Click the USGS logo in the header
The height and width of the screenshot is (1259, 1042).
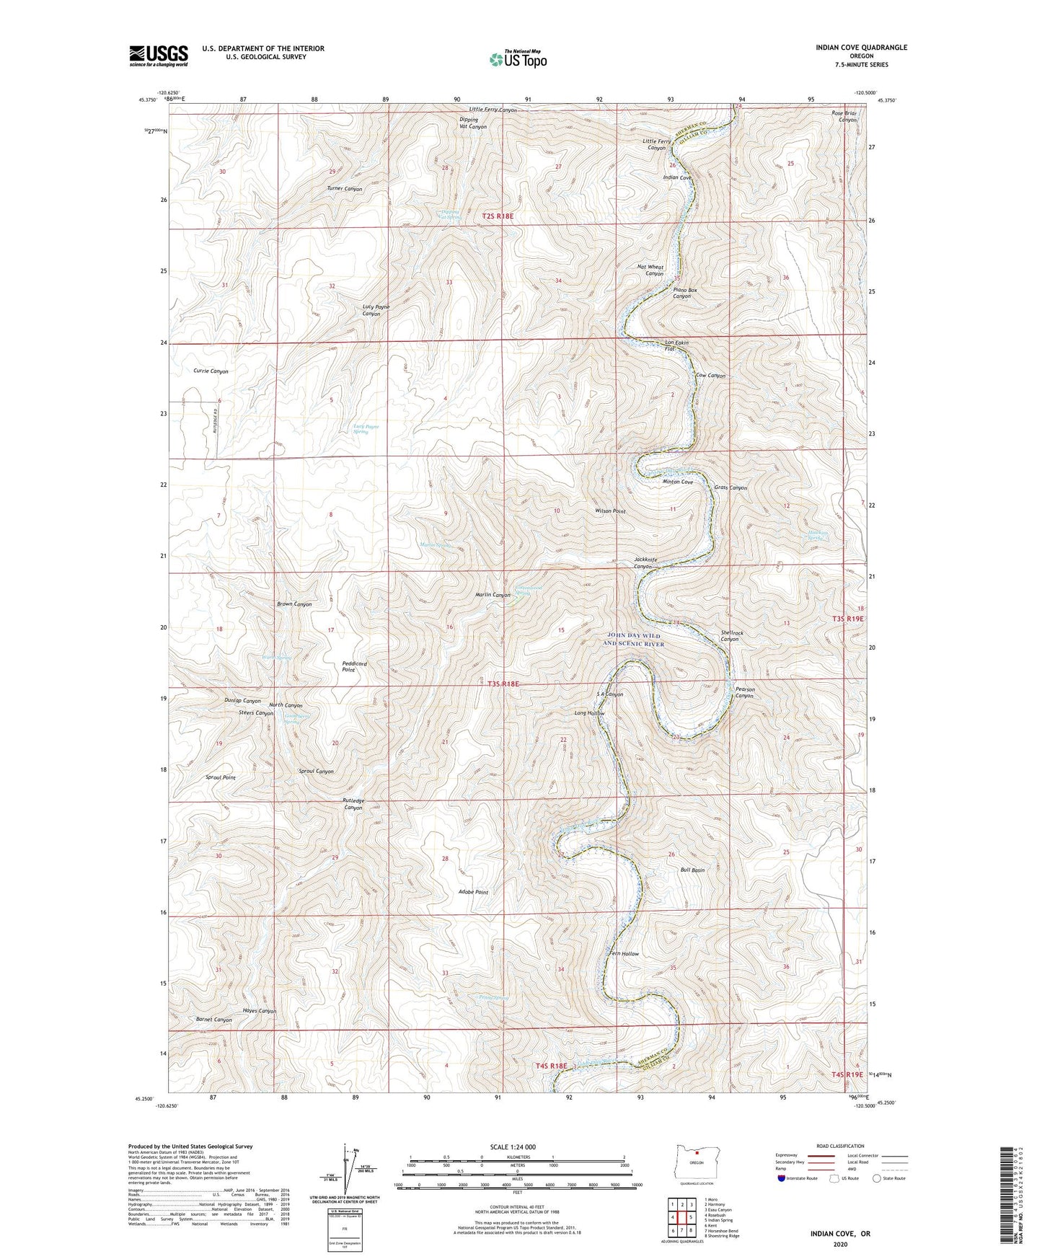(159, 56)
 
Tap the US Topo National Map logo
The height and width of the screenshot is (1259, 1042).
(518, 59)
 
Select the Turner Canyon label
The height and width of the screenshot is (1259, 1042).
(344, 189)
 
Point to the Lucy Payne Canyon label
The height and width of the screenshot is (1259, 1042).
(376, 311)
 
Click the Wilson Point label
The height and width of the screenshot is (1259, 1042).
(610, 511)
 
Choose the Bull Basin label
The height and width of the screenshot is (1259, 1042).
(692, 870)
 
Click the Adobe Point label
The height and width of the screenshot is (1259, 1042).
(473, 892)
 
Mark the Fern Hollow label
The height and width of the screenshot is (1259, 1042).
(624, 954)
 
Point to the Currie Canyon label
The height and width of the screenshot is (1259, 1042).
(211, 371)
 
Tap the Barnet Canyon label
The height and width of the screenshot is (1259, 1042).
(213, 1020)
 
